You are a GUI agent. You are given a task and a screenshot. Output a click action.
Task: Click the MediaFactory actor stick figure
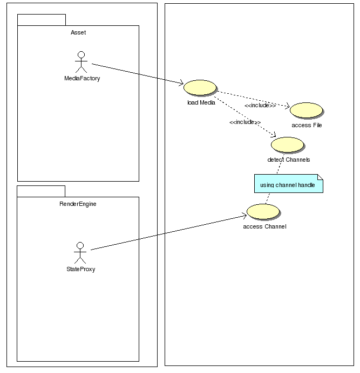[x=81, y=62]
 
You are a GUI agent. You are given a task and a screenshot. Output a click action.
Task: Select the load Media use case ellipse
[x=200, y=88]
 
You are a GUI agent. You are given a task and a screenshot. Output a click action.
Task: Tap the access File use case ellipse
[x=307, y=110]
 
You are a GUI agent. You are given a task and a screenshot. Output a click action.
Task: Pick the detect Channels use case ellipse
[x=288, y=145]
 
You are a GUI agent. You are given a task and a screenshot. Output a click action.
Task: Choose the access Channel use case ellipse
[x=263, y=212]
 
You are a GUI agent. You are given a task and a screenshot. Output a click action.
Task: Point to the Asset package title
[x=78, y=33]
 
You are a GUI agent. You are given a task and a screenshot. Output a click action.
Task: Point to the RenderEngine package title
[x=78, y=204]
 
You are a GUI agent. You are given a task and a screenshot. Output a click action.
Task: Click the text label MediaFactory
[x=82, y=78]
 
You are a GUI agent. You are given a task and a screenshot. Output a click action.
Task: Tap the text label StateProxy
[x=80, y=270]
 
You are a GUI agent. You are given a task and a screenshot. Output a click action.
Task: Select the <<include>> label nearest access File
[x=260, y=106]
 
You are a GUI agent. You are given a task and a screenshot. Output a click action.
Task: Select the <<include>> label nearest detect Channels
[x=245, y=122]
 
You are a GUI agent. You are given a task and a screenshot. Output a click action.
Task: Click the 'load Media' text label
[x=201, y=102]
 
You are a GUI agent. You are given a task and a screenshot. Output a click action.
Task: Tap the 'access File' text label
[x=307, y=125]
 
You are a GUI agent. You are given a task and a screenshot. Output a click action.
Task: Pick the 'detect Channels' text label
[x=289, y=160]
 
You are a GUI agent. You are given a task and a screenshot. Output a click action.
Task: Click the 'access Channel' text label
[x=264, y=226]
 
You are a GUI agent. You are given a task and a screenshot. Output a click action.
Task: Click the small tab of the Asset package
[x=42, y=20]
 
